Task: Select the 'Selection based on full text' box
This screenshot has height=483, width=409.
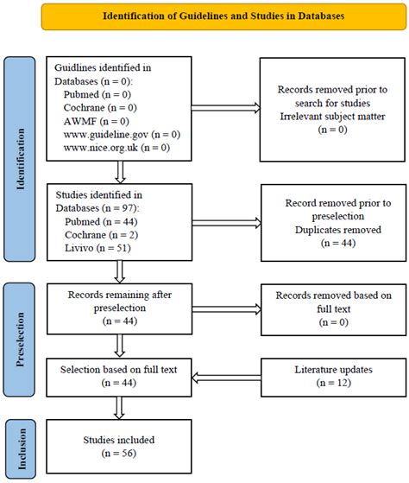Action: tap(119, 377)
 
